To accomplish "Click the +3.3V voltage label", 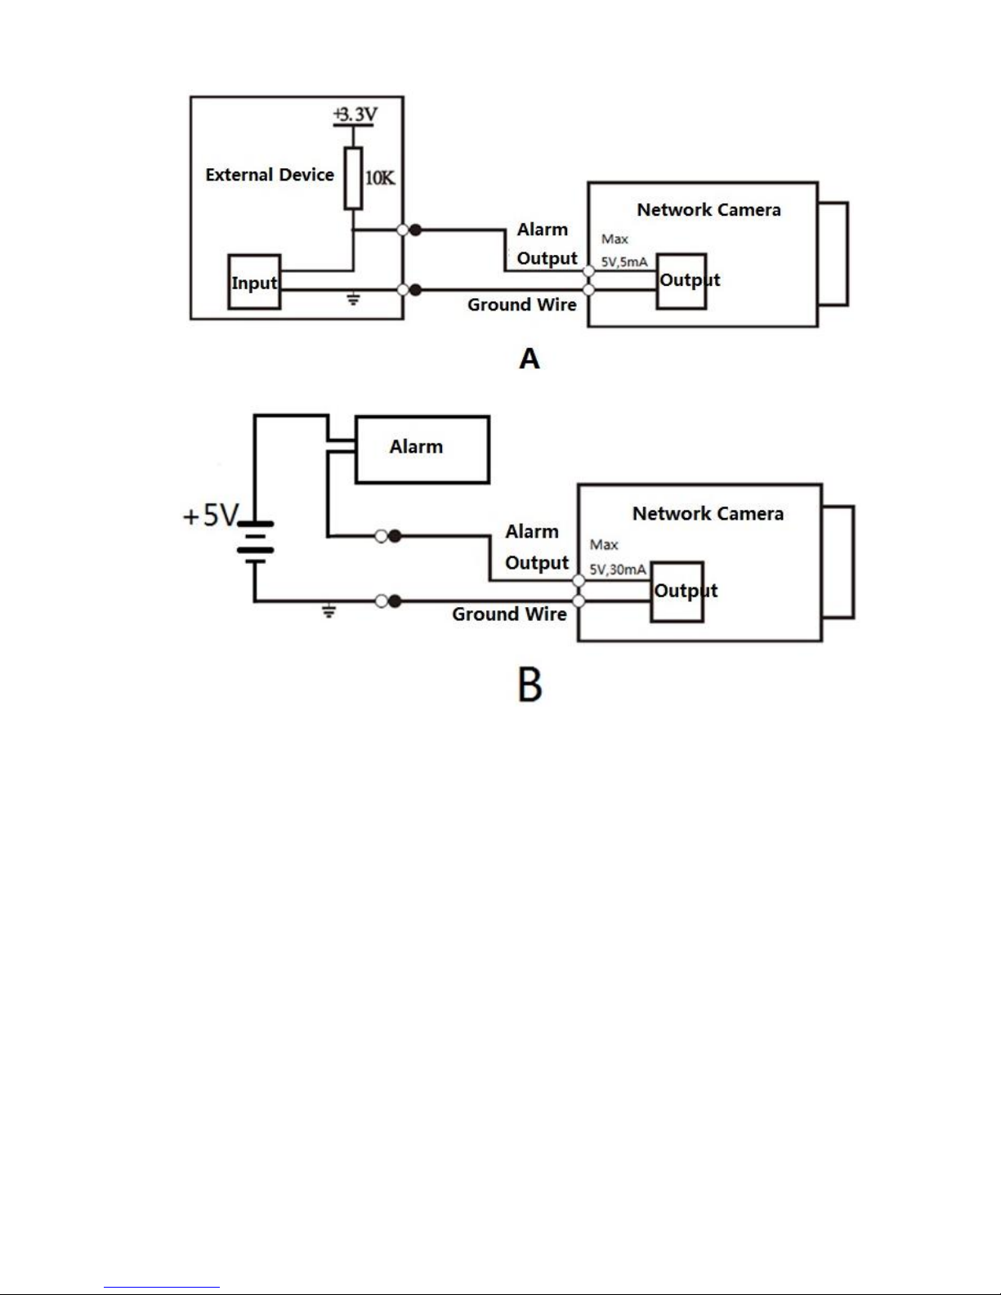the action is pyautogui.click(x=355, y=114).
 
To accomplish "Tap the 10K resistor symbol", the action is pyautogui.click(x=353, y=178).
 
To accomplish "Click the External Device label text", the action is pyautogui.click(x=270, y=175).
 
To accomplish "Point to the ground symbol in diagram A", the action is pyautogui.click(x=353, y=299).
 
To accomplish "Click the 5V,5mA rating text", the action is pyautogui.click(x=623, y=261).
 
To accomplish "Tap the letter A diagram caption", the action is pyautogui.click(x=530, y=359).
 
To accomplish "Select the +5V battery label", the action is pyautogui.click(x=211, y=515).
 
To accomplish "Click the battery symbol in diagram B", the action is pyautogui.click(x=255, y=543).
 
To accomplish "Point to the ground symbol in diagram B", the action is pyautogui.click(x=328, y=611).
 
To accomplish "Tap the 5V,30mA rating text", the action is pyautogui.click(x=618, y=569).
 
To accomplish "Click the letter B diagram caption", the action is pyautogui.click(x=530, y=684).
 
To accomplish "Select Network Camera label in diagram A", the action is pyautogui.click(x=708, y=210).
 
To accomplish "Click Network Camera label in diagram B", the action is pyautogui.click(x=708, y=514).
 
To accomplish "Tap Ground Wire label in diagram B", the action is pyautogui.click(x=509, y=614).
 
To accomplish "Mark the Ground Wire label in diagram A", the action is pyautogui.click(x=522, y=305).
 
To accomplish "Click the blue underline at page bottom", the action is pyautogui.click(x=162, y=1288).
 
